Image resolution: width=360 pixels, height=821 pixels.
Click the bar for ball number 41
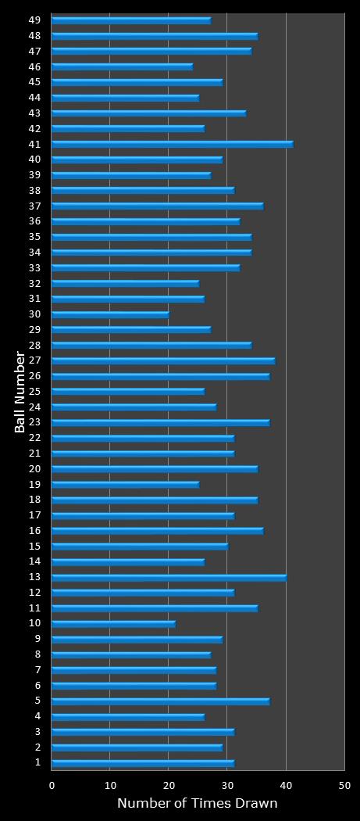click(x=172, y=144)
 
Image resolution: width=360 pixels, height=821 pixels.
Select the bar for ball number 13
click(x=169, y=578)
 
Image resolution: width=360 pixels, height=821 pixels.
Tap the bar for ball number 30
click(x=110, y=314)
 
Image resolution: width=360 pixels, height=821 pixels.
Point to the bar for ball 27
click(x=163, y=360)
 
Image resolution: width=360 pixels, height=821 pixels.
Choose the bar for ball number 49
click(x=131, y=20)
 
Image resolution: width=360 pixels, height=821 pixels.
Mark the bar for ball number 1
click(x=143, y=763)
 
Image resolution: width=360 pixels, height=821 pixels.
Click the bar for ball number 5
click(x=160, y=701)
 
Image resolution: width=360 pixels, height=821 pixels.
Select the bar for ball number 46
click(x=122, y=66)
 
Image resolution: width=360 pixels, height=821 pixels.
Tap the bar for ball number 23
click(x=160, y=422)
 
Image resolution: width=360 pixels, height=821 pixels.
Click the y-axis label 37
click(x=34, y=206)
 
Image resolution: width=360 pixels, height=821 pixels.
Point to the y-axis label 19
click(x=34, y=484)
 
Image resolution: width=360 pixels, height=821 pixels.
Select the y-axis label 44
click(x=34, y=97)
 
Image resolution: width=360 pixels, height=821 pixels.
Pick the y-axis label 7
click(x=37, y=669)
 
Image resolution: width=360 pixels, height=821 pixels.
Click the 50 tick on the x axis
click(x=344, y=785)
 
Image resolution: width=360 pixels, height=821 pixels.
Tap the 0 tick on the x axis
click(x=52, y=785)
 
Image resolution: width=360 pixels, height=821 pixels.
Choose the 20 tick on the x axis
click(x=169, y=785)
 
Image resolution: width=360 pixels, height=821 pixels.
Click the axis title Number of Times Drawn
click(x=197, y=803)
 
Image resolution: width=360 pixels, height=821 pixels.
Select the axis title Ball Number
click(x=20, y=392)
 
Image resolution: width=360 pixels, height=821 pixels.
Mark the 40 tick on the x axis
click(x=286, y=785)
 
